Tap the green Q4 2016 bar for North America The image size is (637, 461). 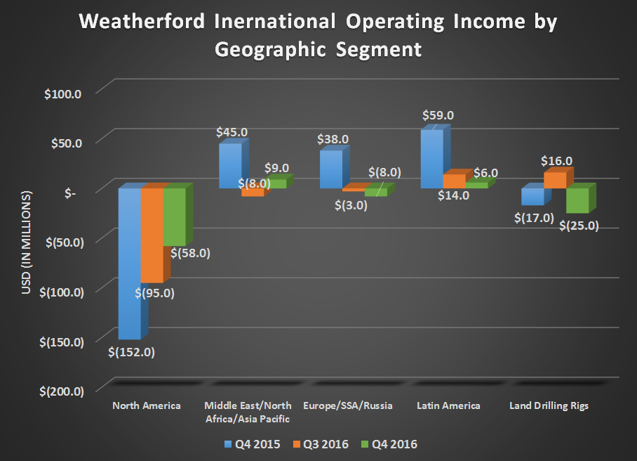click(x=174, y=217)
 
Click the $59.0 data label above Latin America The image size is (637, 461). click(x=438, y=115)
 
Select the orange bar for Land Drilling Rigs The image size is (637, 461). click(x=554, y=180)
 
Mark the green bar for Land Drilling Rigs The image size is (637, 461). click(x=577, y=200)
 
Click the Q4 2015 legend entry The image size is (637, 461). click(x=249, y=444)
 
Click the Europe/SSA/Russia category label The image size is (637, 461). click(x=348, y=405)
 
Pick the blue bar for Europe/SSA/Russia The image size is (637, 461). click(x=330, y=169)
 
